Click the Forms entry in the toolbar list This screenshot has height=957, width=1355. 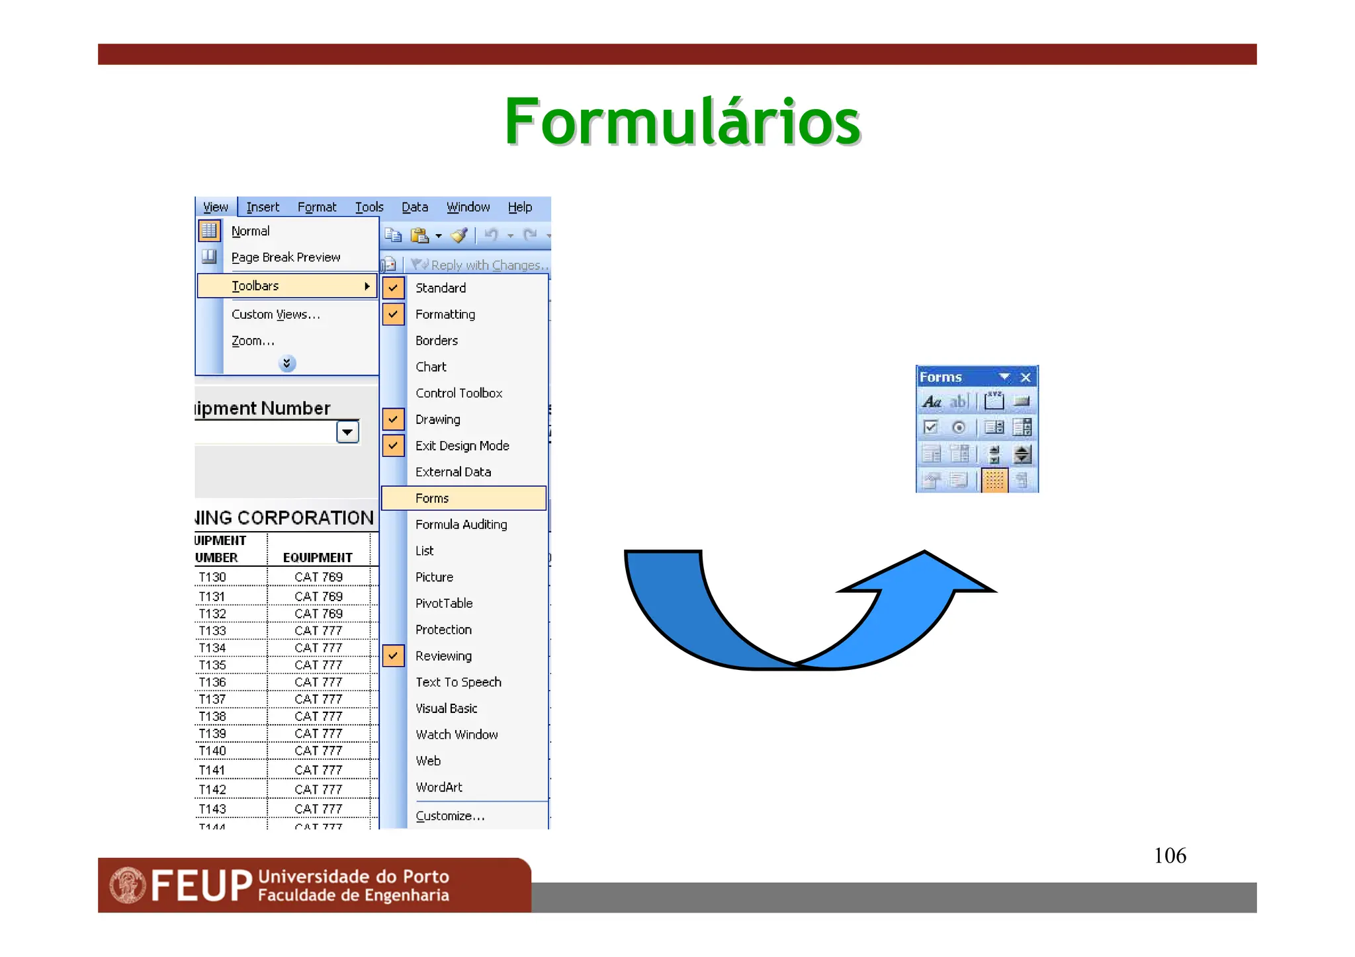pyautogui.click(x=432, y=498)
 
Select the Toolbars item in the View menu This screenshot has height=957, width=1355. pyautogui.click(x=255, y=286)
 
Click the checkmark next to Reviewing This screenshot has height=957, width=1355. pyautogui.click(x=393, y=655)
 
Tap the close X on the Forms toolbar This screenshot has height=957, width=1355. pyautogui.click(x=1026, y=377)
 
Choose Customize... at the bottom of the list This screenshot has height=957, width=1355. pyautogui.click(x=450, y=816)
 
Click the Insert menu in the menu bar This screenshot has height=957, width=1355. pyautogui.click(x=263, y=207)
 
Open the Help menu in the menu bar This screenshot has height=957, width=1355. pyautogui.click(x=519, y=207)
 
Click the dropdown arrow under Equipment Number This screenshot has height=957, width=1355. pyautogui.click(x=347, y=432)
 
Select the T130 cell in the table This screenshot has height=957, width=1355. pyautogui.click(x=212, y=577)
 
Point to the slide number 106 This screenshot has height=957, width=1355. pyautogui.click(x=1170, y=855)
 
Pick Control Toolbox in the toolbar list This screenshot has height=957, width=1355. pyautogui.click(x=459, y=393)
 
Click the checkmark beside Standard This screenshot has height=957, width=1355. pyautogui.click(x=393, y=288)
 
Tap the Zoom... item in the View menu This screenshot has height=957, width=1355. pyautogui.click(x=252, y=341)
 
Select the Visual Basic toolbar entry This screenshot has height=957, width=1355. pyautogui.click(x=446, y=708)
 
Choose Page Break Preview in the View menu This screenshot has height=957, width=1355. pyautogui.click(x=286, y=257)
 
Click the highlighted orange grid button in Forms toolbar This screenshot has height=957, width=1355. pyautogui.click(x=994, y=480)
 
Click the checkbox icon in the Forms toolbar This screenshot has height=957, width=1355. pyautogui.click(x=930, y=427)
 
